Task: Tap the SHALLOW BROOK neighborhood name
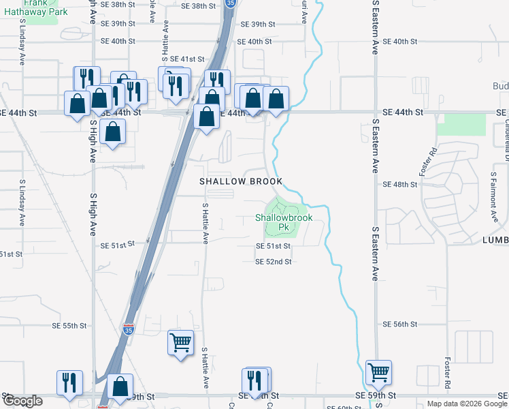[x=240, y=182]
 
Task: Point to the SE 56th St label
[x=399, y=324]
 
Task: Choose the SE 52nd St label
[x=274, y=261]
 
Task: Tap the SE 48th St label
[x=399, y=185]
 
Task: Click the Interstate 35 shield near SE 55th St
[x=129, y=330]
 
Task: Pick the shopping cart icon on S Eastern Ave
[x=378, y=372]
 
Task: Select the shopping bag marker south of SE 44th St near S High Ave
[x=113, y=130]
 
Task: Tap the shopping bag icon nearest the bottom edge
[x=120, y=387]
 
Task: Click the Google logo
[x=22, y=402]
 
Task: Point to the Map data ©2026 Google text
[x=466, y=404]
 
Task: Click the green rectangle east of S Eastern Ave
[x=461, y=125]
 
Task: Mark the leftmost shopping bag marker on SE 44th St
[x=77, y=104]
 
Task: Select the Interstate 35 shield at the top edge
[x=231, y=3]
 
